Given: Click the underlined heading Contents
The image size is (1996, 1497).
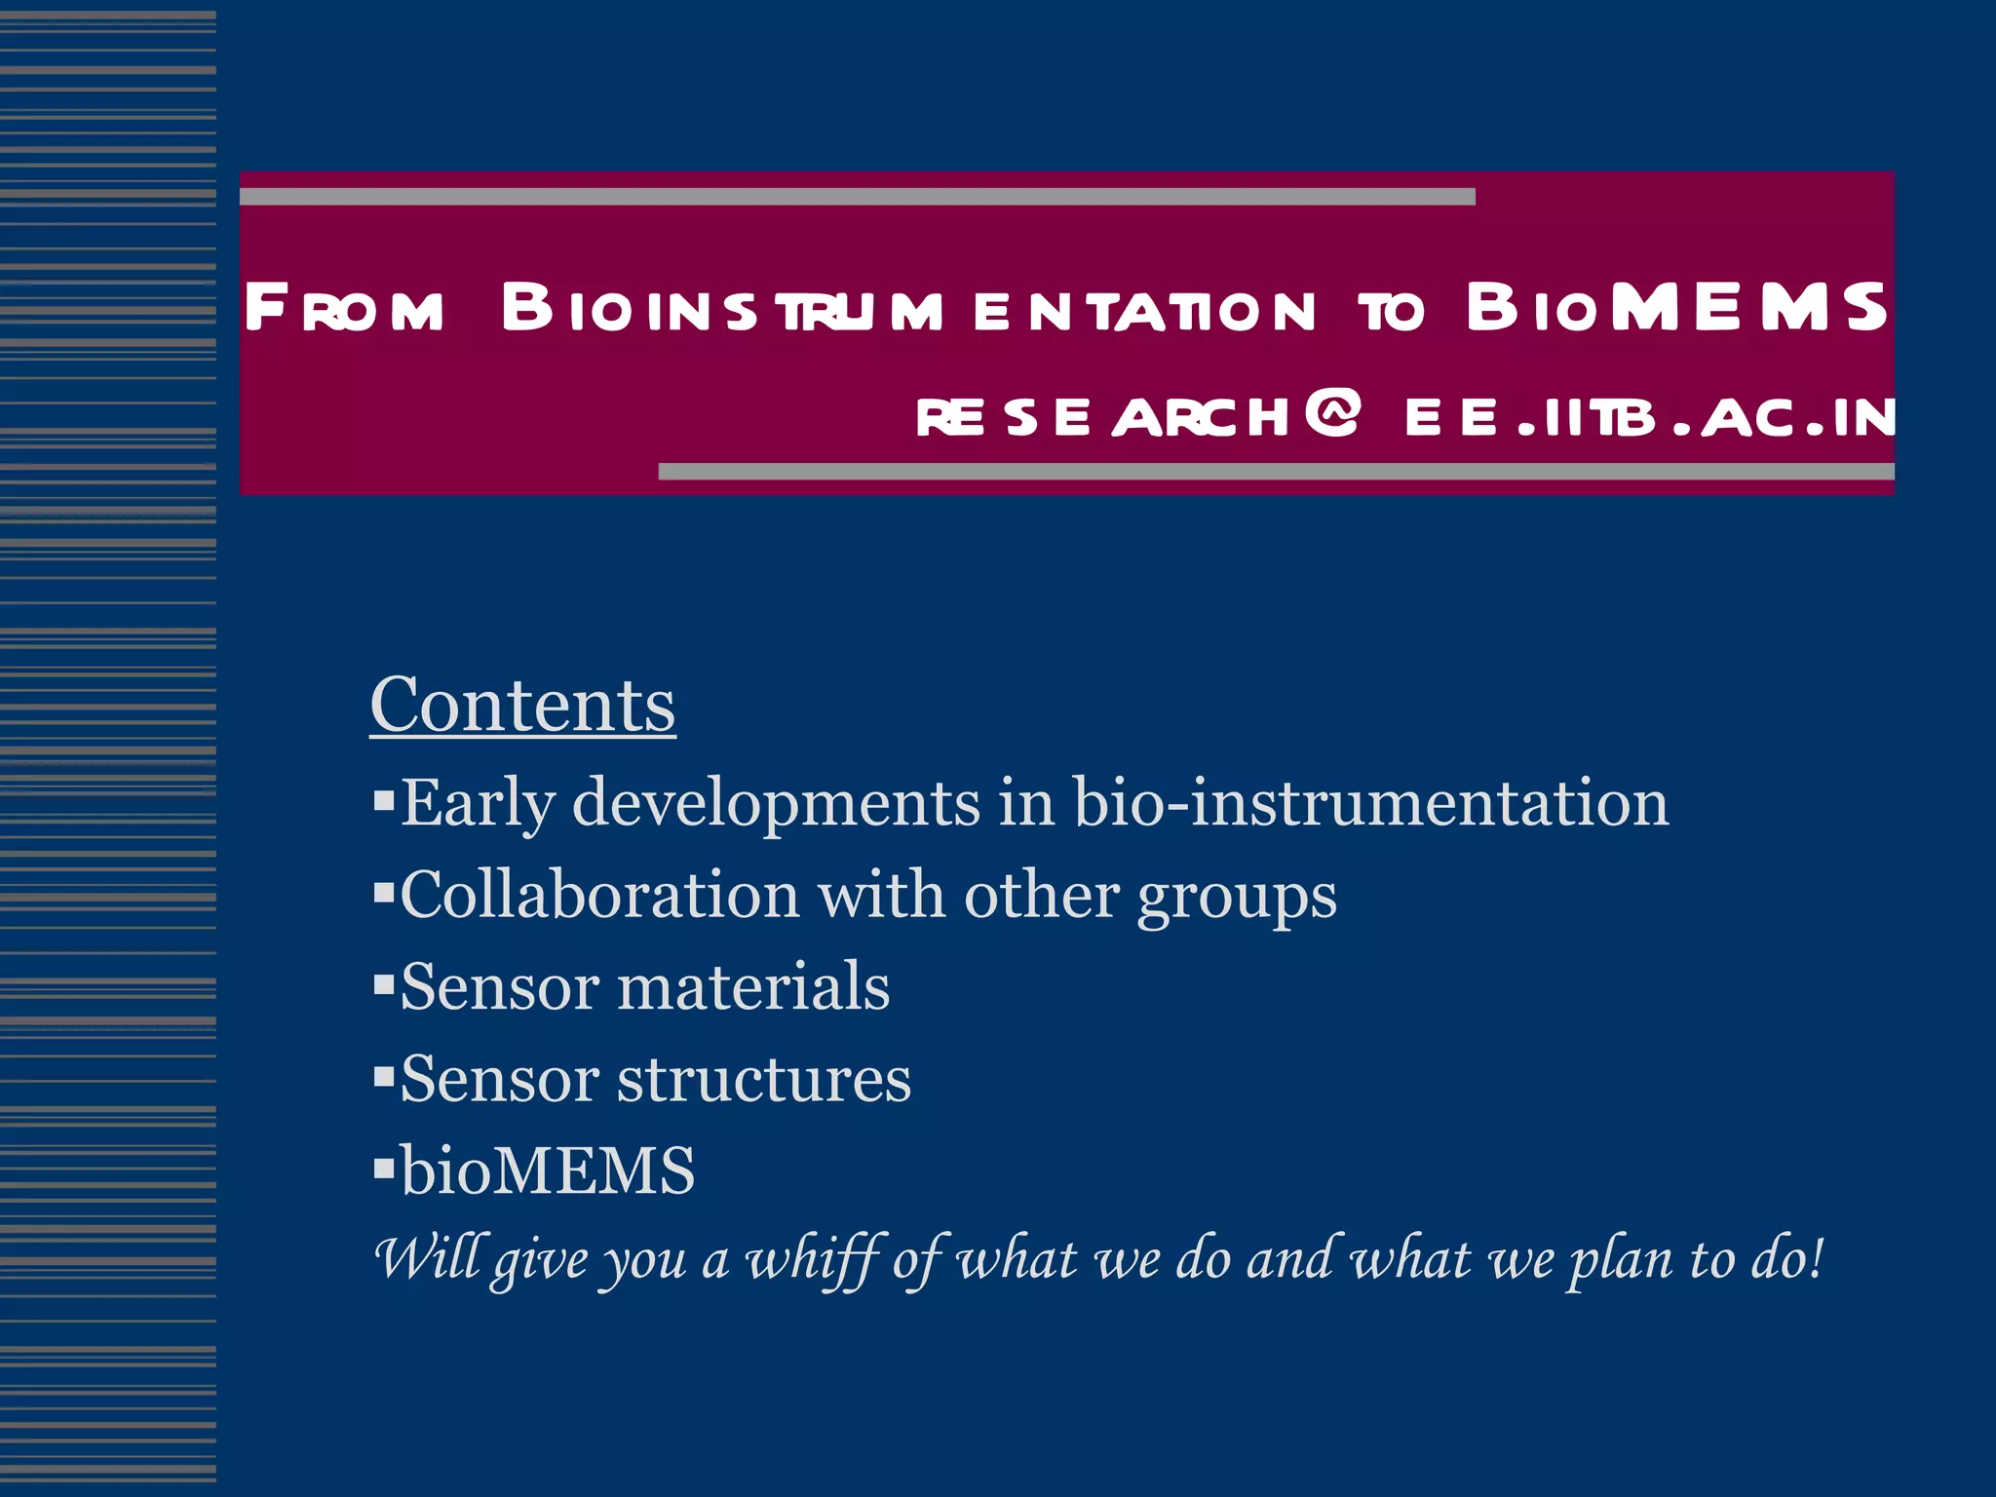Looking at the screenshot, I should tap(522, 705).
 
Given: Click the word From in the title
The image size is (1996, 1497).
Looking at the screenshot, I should tap(344, 309).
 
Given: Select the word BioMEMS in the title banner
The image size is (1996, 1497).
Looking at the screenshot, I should tap(1676, 307).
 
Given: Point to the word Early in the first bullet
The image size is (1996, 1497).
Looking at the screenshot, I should tap(478, 804).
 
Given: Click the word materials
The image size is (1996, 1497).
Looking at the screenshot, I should tap(753, 986).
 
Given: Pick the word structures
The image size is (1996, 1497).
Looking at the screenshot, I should tap(764, 1079).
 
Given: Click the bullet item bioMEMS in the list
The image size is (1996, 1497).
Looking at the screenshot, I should tap(547, 1170).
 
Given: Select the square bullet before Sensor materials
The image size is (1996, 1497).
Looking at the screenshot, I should tap(383, 984).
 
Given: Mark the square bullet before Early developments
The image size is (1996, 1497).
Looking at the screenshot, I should tap(383, 801).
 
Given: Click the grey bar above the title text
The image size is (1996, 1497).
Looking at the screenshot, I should tap(857, 197).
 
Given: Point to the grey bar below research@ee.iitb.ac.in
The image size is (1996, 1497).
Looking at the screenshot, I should tap(1276, 472).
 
